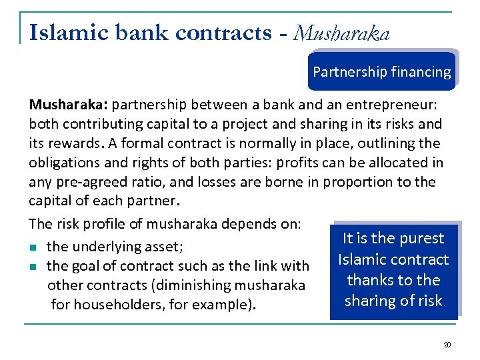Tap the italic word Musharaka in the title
342,33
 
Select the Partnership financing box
381,72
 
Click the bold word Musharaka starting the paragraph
69,105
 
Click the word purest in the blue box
418,238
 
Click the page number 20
447,345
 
